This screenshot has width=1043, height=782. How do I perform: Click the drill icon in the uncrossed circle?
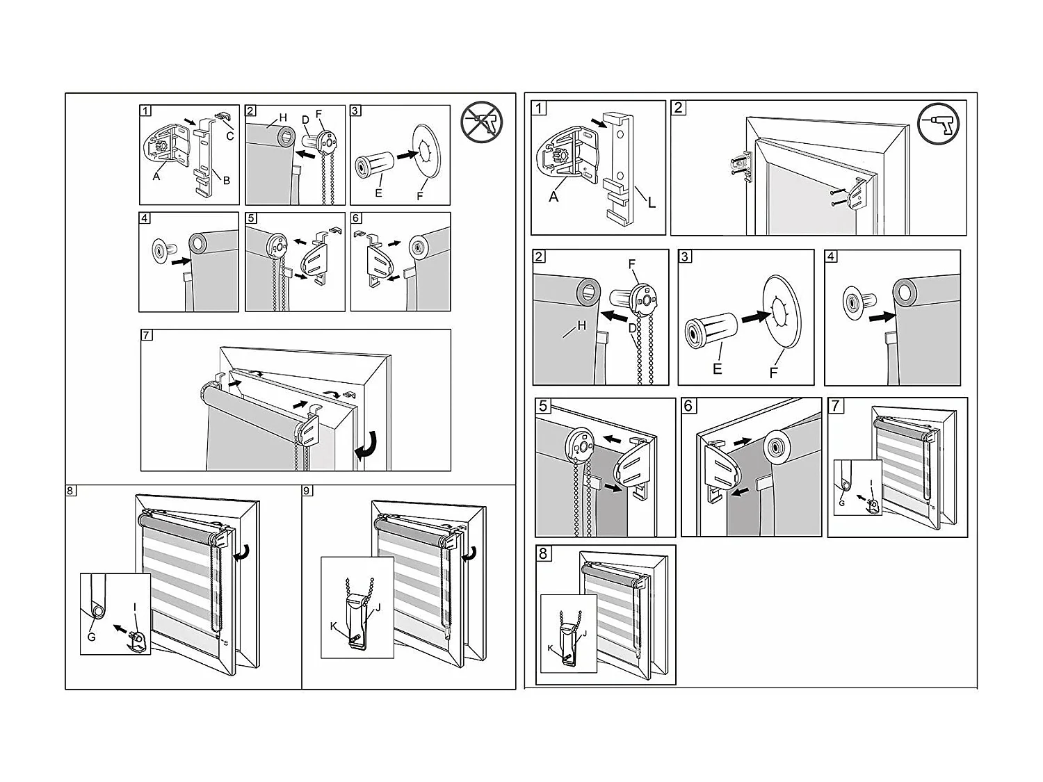click(939, 124)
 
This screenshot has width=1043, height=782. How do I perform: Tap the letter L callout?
click(652, 203)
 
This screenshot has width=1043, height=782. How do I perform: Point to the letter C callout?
click(230, 136)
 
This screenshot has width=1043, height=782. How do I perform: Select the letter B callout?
click(226, 180)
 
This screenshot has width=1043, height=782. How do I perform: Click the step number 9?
click(308, 491)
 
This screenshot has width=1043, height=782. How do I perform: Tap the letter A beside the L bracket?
click(553, 197)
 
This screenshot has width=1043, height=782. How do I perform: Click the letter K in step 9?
click(333, 626)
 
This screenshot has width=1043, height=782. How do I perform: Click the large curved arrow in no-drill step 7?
click(366, 446)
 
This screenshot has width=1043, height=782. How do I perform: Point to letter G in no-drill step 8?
click(91, 636)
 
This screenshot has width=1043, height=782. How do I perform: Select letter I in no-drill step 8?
click(135, 607)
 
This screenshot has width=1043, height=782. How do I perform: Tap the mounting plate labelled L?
click(619, 167)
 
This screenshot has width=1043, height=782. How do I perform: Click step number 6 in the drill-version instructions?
click(688, 406)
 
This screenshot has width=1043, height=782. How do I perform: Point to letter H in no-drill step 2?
click(283, 118)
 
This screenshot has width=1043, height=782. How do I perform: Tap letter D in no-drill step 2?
click(305, 120)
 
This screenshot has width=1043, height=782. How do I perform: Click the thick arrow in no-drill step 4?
click(180, 261)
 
